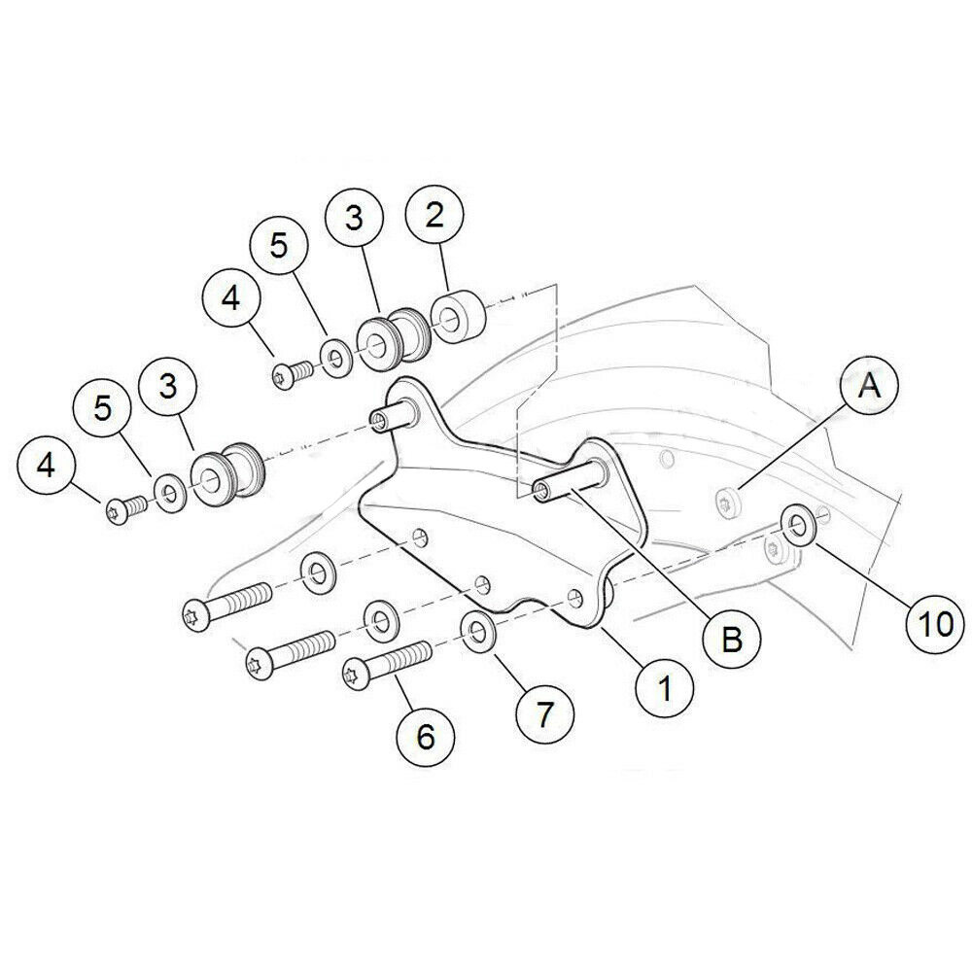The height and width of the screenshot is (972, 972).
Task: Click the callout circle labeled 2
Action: [x=434, y=217]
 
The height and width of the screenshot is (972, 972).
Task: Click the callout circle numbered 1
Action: [x=666, y=689]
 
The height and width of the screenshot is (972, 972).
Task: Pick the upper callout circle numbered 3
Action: [x=354, y=218]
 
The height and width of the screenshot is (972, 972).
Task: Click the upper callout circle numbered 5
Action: [x=279, y=246]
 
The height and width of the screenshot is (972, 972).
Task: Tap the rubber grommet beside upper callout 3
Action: [x=390, y=340]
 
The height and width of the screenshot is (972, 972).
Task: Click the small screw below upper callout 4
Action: [x=289, y=371]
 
